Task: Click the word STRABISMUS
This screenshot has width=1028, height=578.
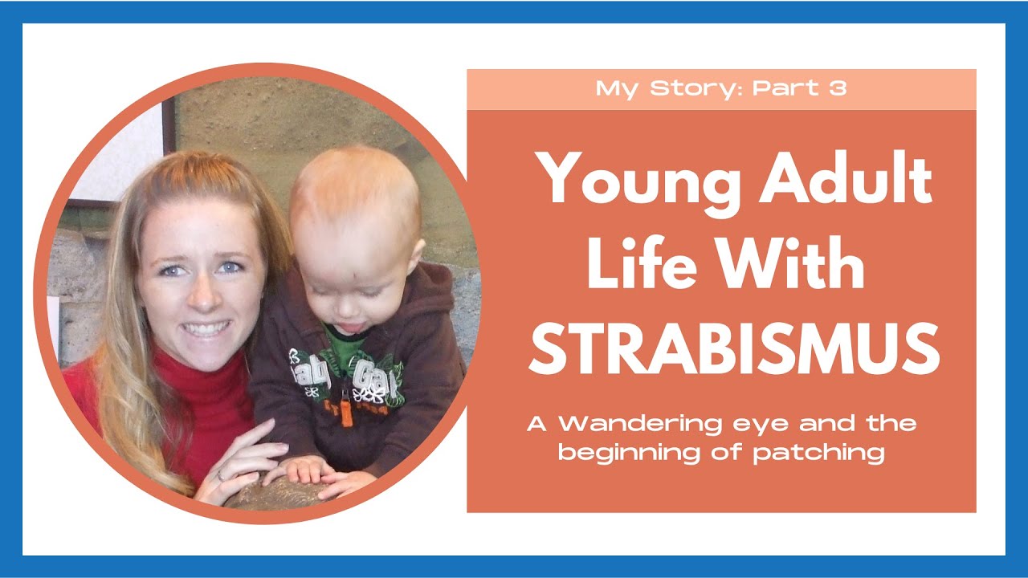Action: click(734, 348)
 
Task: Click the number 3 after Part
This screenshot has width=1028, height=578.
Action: click(838, 88)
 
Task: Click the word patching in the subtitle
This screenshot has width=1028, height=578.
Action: click(818, 454)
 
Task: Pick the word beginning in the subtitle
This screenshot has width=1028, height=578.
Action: click(629, 454)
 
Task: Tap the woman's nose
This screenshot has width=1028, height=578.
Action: click(204, 297)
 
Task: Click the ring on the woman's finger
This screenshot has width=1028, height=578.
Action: click(221, 476)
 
